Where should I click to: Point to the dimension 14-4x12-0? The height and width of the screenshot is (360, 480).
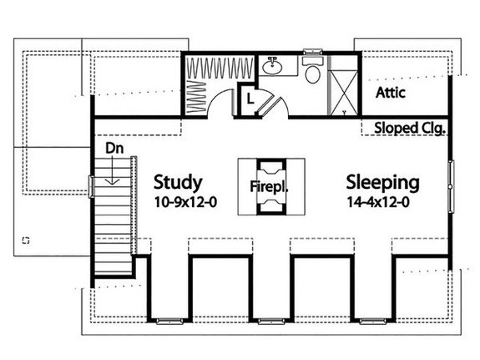[381, 201]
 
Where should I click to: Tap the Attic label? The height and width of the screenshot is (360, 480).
[391, 93]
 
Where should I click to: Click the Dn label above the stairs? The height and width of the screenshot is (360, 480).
[114, 147]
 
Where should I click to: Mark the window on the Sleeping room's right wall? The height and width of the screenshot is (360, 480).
[452, 185]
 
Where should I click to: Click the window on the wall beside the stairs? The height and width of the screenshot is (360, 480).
[91, 186]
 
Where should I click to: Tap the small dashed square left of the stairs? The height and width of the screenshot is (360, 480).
[26, 240]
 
